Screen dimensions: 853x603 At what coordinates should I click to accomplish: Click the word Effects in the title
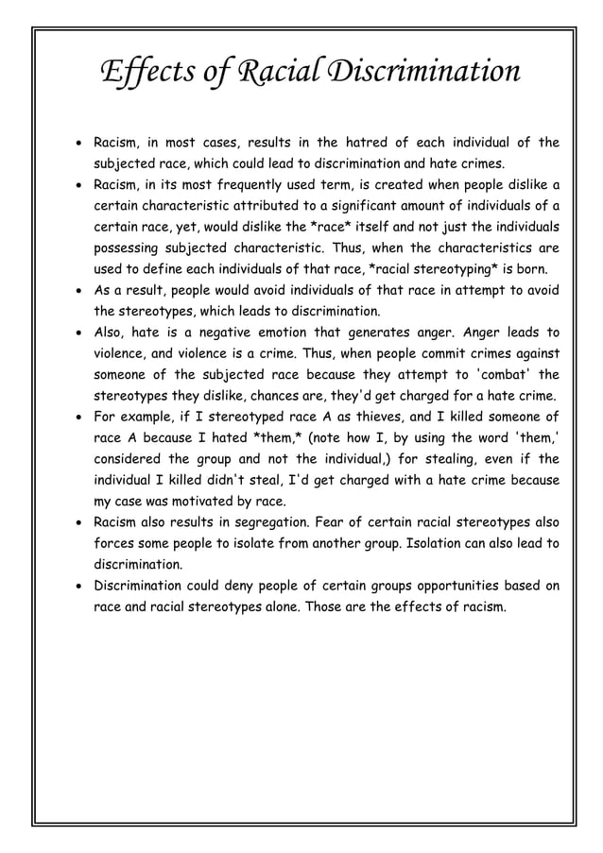pyautogui.click(x=146, y=72)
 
